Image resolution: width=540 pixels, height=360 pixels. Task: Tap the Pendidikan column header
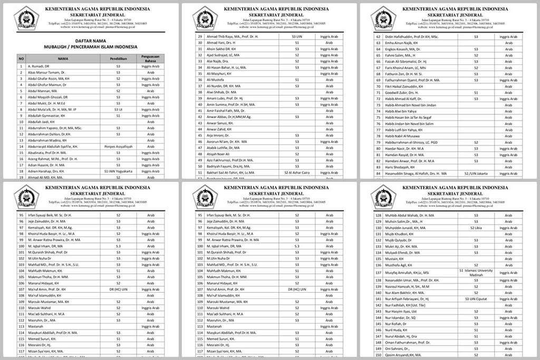tap(118, 59)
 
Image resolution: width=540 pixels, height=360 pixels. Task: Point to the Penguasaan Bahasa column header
tap(150, 59)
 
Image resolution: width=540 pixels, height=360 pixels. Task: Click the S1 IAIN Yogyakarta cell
tap(118, 171)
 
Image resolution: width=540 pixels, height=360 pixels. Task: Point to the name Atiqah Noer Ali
tap(221, 154)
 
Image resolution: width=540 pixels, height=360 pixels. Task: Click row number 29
tap(200, 37)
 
